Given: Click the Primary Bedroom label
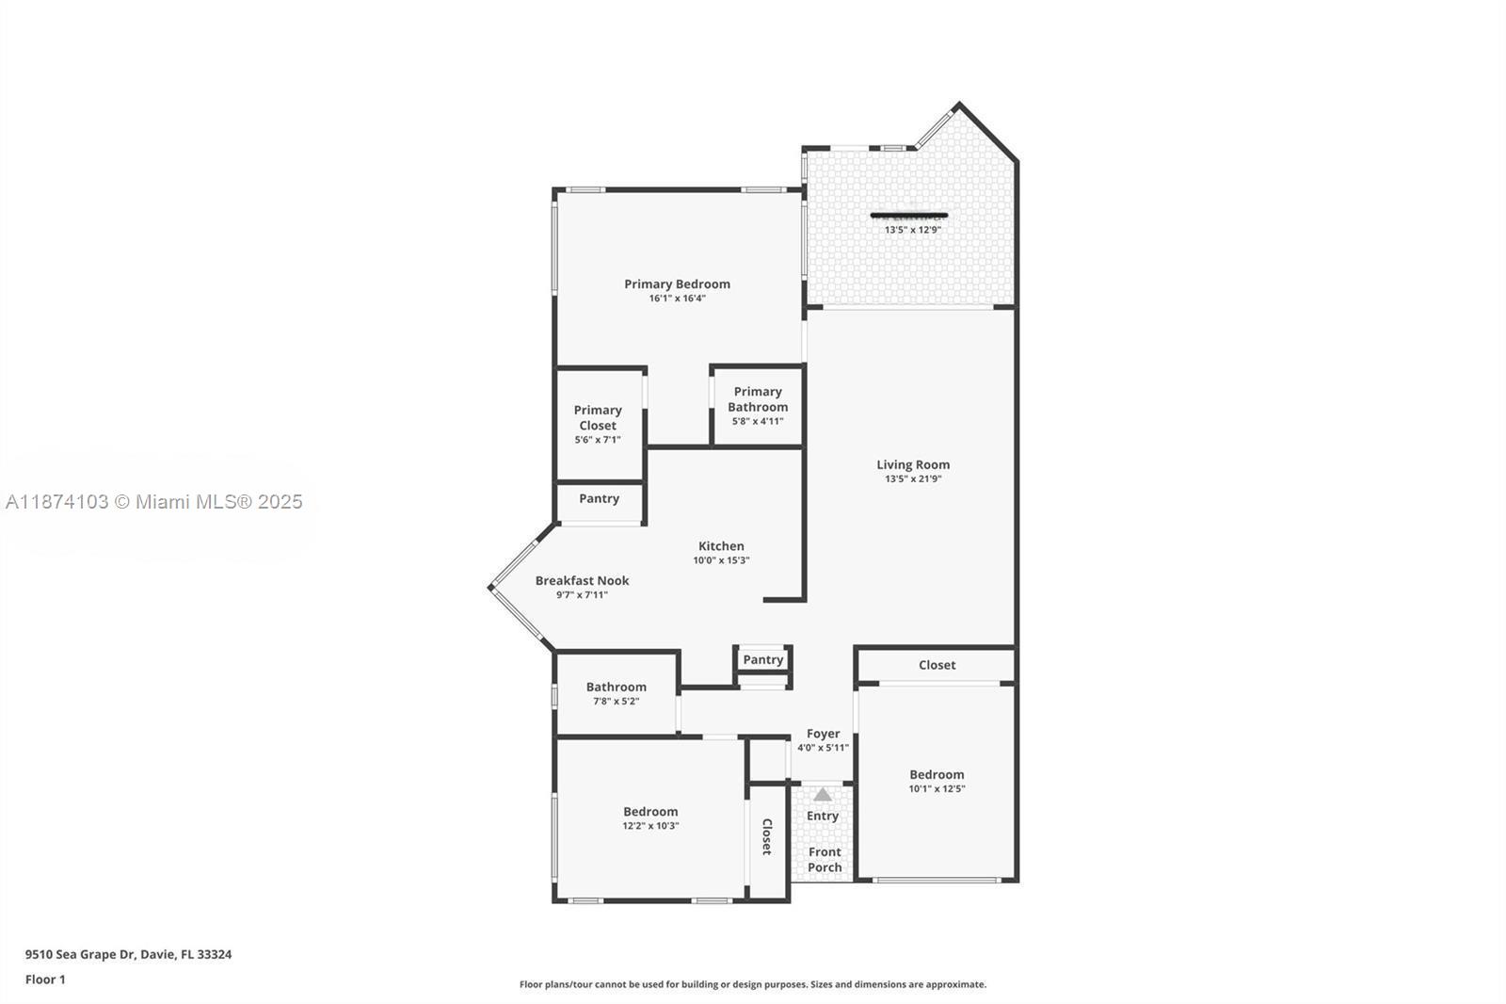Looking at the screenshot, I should point(677,283).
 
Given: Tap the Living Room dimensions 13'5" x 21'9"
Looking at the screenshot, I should point(912,478).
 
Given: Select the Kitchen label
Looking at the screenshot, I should point(721,545).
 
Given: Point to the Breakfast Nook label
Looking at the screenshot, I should point(582,580).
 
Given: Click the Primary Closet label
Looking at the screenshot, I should point(598,417).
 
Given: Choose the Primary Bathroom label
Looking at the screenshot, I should point(758,398).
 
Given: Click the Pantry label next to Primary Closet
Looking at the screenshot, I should point(599,498).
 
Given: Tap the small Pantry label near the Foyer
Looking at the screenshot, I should point(762,659).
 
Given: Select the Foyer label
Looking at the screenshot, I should point(823,733).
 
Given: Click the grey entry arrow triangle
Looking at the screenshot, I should point(823,794).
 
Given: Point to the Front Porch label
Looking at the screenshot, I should point(825,859).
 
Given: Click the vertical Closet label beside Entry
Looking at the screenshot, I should point(766,836).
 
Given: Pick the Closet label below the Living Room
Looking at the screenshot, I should point(937,664).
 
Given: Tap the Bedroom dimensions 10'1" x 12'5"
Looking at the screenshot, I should point(937,789).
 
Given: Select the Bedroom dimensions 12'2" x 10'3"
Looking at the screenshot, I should point(650,826).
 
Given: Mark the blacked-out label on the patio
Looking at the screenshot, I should point(909,216).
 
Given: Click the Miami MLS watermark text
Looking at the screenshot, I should point(154,502).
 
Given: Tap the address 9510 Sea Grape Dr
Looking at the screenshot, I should point(128,954).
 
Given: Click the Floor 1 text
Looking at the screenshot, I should point(45,980).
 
